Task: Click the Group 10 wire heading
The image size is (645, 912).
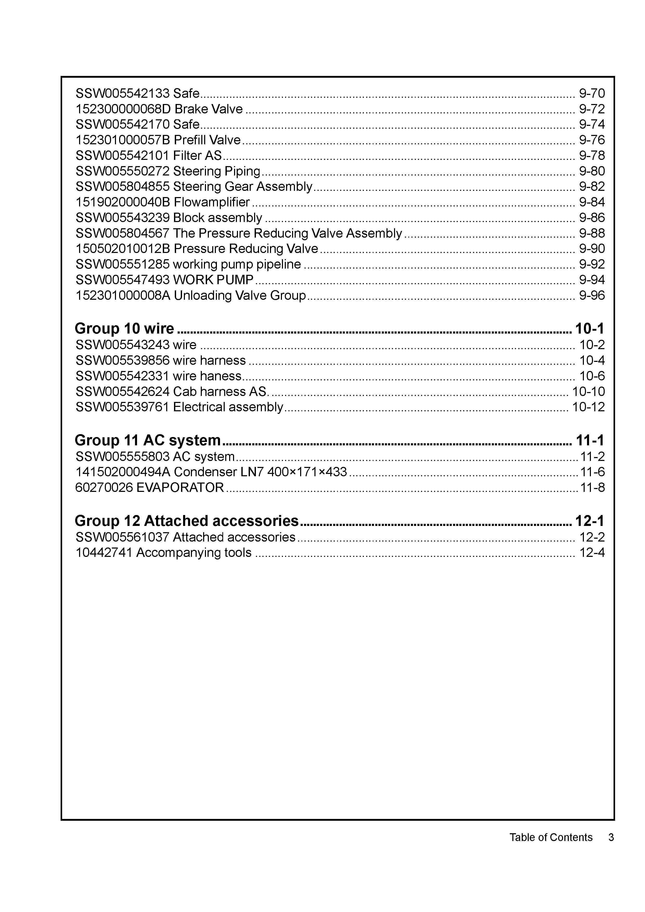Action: (x=124, y=329)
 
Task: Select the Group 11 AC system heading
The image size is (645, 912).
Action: (x=147, y=440)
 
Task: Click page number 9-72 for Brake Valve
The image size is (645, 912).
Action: (x=592, y=109)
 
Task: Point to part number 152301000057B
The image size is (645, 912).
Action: (x=122, y=140)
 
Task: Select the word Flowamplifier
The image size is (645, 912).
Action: (x=212, y=202)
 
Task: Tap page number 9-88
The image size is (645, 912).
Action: (x=592, y=233)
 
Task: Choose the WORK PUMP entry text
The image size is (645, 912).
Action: (x=214, y=280)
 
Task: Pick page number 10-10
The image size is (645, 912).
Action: (x=588, y=392)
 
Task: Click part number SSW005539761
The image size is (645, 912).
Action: (x=122, y=407)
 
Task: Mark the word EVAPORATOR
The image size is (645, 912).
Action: (x=180, y=487)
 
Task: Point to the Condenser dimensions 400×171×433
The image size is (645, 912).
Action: (x=307, y=472)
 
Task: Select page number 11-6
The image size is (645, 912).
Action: (x=592, y=472)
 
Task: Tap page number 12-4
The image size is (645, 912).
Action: (x=592, y=552)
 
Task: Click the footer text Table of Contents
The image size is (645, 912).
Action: (x=551, y=837)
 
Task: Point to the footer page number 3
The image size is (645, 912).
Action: (x=611, y=837)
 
